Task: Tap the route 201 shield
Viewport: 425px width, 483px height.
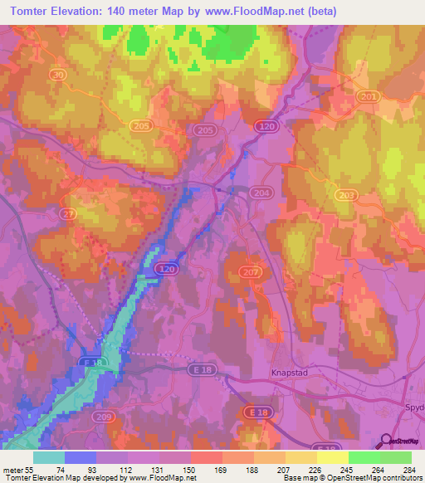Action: point(368,97)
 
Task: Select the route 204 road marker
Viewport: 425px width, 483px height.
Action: point(261,193)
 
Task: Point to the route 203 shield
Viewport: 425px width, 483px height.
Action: point(346,193)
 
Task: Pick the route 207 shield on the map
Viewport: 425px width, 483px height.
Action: point(252,271)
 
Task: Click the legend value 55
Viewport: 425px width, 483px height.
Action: point(29,469)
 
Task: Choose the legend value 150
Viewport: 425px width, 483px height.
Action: point(191,469)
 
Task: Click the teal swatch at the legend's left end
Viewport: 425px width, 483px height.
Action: point(49,457)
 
